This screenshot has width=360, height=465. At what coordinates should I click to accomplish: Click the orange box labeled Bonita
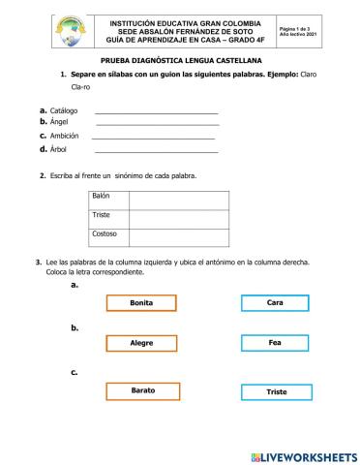click(141, 303)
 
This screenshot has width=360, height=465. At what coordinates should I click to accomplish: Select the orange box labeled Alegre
click(141, 343)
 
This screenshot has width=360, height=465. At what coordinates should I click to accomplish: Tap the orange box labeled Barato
click(142, 389)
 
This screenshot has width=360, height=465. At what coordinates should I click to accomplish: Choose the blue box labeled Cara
click(275, 303)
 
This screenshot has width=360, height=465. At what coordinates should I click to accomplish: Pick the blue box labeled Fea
click(275, 343)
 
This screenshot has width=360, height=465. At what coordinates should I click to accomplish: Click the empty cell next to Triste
click(178, 218)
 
